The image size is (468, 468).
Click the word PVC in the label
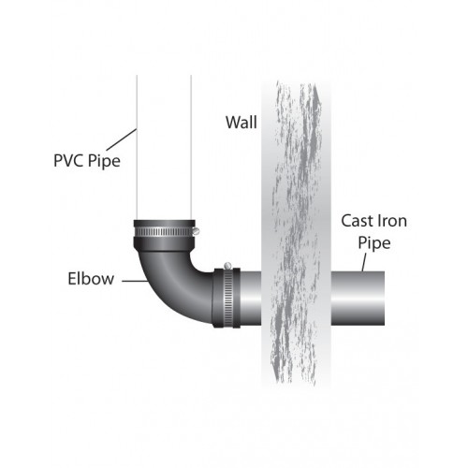click(69, 160)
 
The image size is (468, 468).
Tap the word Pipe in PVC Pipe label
click(104, 162)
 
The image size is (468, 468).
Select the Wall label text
click(241, 122)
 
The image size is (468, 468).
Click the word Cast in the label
click(358, 221)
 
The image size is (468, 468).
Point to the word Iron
click(392, 221)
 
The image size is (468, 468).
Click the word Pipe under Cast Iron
click(374, 243)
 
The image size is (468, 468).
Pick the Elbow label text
click(91, 279)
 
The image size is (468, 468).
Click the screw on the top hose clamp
click(196, 231)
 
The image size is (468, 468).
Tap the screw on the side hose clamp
click(227, 266)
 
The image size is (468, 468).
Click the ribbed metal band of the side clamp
click(227, 298)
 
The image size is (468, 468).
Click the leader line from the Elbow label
click(135, 281)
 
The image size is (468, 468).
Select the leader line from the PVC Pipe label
click(122, 139)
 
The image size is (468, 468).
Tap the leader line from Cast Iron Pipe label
click(364, 262)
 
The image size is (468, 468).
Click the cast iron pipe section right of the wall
click(358, 299)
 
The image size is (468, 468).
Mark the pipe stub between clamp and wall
click(251, 299)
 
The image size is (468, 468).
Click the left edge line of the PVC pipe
click(137, 147)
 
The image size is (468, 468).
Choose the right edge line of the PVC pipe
click(191, 147)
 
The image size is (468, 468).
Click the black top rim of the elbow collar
click(165, 224)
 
